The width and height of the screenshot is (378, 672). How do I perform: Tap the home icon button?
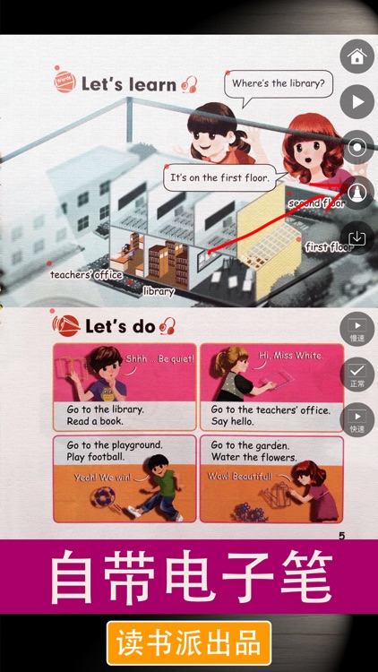pos(357,57)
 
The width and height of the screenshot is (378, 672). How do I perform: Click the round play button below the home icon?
pos(357,102)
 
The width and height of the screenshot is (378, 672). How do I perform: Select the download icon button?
pos(357,237)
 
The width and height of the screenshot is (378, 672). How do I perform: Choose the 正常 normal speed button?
pos(357,374)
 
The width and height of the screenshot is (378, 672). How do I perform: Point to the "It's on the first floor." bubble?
pos(219,178)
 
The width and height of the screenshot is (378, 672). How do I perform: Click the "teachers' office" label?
pos(86,274)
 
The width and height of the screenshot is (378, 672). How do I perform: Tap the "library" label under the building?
pos(159,291)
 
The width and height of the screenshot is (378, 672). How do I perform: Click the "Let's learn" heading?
pos(127,84)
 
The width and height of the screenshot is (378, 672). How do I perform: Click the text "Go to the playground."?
pos(115,445)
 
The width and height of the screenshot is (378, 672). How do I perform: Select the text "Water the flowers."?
pos(253,458)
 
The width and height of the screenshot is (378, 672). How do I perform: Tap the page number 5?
pos(341,536)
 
